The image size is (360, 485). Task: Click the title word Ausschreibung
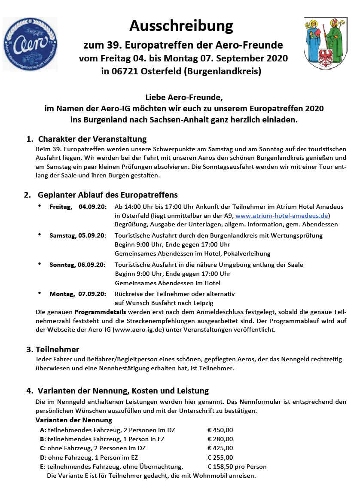click(181, 26)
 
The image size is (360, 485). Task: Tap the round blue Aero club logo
click(30, 44)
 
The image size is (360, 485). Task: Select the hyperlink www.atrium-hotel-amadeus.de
click(282, 216)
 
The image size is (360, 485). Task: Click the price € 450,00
click(220, 430)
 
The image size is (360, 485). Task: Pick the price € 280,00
click(220, 439)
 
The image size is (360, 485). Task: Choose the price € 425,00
click(220, 448)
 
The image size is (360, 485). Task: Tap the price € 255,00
click(220, 458)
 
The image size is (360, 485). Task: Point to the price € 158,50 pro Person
click(237, 467)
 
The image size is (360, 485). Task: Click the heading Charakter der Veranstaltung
click(92, 139)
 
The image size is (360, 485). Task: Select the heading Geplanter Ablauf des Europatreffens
click(107, 195)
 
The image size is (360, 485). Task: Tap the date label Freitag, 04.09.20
click(78, 207)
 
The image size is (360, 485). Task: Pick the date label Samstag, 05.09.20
click(77, 235)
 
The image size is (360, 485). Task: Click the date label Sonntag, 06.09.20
click(77, 265)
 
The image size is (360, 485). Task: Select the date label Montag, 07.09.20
click(77, 294)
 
